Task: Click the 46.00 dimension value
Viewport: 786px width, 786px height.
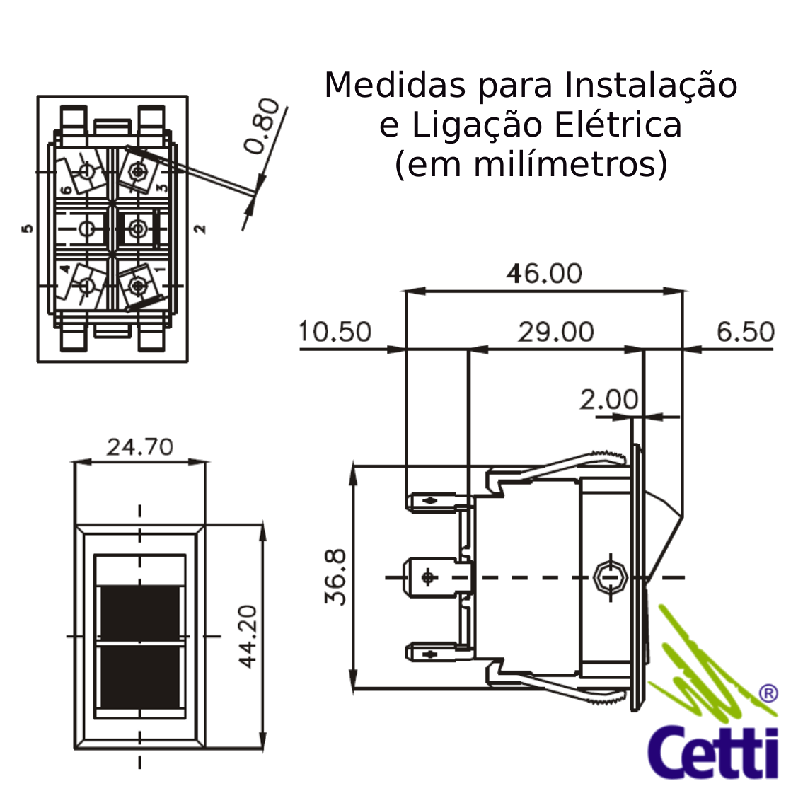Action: (x=544, y=274)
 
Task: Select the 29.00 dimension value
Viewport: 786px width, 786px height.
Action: (x=555, y=332)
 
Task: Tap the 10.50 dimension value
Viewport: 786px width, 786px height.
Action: (x=335, y=332)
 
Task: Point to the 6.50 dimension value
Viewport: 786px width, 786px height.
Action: (x=746, y=332)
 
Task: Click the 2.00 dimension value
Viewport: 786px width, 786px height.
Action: (x=609, y=400)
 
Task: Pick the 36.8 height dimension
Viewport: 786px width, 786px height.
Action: (x=335, y=577)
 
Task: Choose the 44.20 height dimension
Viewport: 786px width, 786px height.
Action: (x=247, y=637)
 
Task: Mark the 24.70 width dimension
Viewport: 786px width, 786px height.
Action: (x=140, y=446)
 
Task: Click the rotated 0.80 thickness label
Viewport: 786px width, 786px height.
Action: (x=262, y=125)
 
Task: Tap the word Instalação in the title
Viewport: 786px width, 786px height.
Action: (x=651, y=85)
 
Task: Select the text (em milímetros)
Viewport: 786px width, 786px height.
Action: (x=531, y=164)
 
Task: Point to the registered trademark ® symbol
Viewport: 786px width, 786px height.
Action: (x=768, y=694)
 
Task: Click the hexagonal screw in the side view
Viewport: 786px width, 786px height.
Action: (x=610, y=577)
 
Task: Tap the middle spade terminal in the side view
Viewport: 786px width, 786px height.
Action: (x=438, y=577)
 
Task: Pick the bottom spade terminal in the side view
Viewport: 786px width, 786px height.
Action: (x=439, y=653)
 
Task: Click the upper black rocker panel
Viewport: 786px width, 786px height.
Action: (x=140, y=612)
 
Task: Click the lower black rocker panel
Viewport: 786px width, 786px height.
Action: (x=140, y=677)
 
